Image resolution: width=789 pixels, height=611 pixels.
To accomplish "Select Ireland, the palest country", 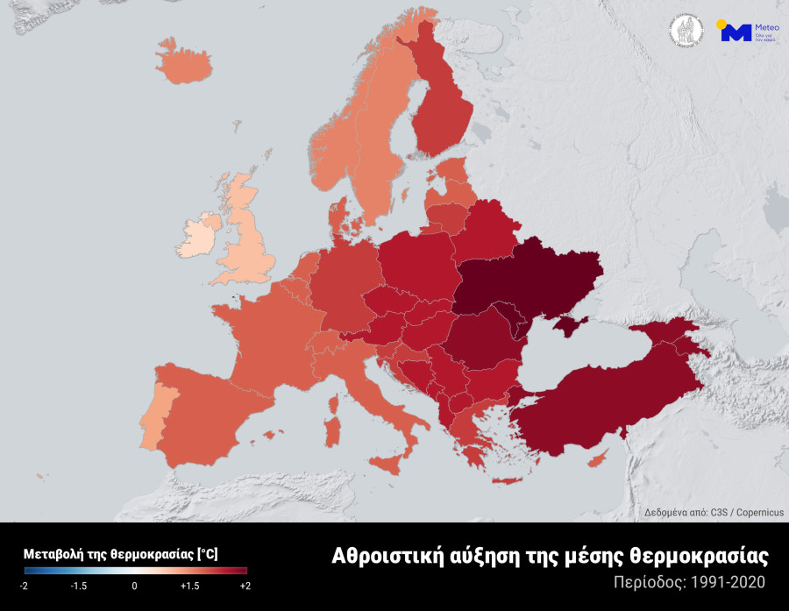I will [x=199, y=234].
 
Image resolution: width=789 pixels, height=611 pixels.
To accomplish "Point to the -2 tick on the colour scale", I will [x=25, y=586].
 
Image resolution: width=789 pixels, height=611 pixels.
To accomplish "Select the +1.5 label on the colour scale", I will [x=190, y=586].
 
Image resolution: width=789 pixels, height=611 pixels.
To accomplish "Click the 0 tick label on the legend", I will [x=134, y=586].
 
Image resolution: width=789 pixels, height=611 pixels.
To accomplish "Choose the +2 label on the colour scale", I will [x=245, y=586].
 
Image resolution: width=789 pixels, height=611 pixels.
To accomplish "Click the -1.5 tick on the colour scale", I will [x=79, y=586].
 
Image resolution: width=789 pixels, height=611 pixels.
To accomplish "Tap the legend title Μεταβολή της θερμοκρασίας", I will [x=121, y=554].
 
